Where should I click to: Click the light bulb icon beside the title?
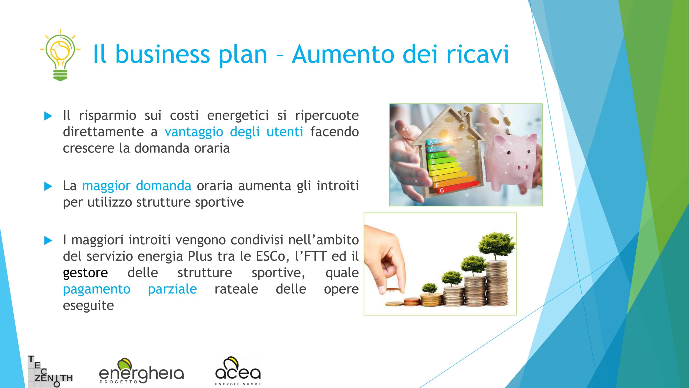[x=60, y=55]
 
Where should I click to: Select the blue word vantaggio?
[x=194, y=132]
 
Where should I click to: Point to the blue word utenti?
[x=285, y=132]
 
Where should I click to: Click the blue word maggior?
[x=106, y=186]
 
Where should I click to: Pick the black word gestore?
[x=85, y=273]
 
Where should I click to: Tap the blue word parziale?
[x=173, y=289]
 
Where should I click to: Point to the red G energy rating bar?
[x=458, y=187]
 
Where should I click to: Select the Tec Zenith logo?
[x=50, y=371]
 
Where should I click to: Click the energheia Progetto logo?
[x=142, y=371]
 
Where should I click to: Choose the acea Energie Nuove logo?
[x=238, y=371]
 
